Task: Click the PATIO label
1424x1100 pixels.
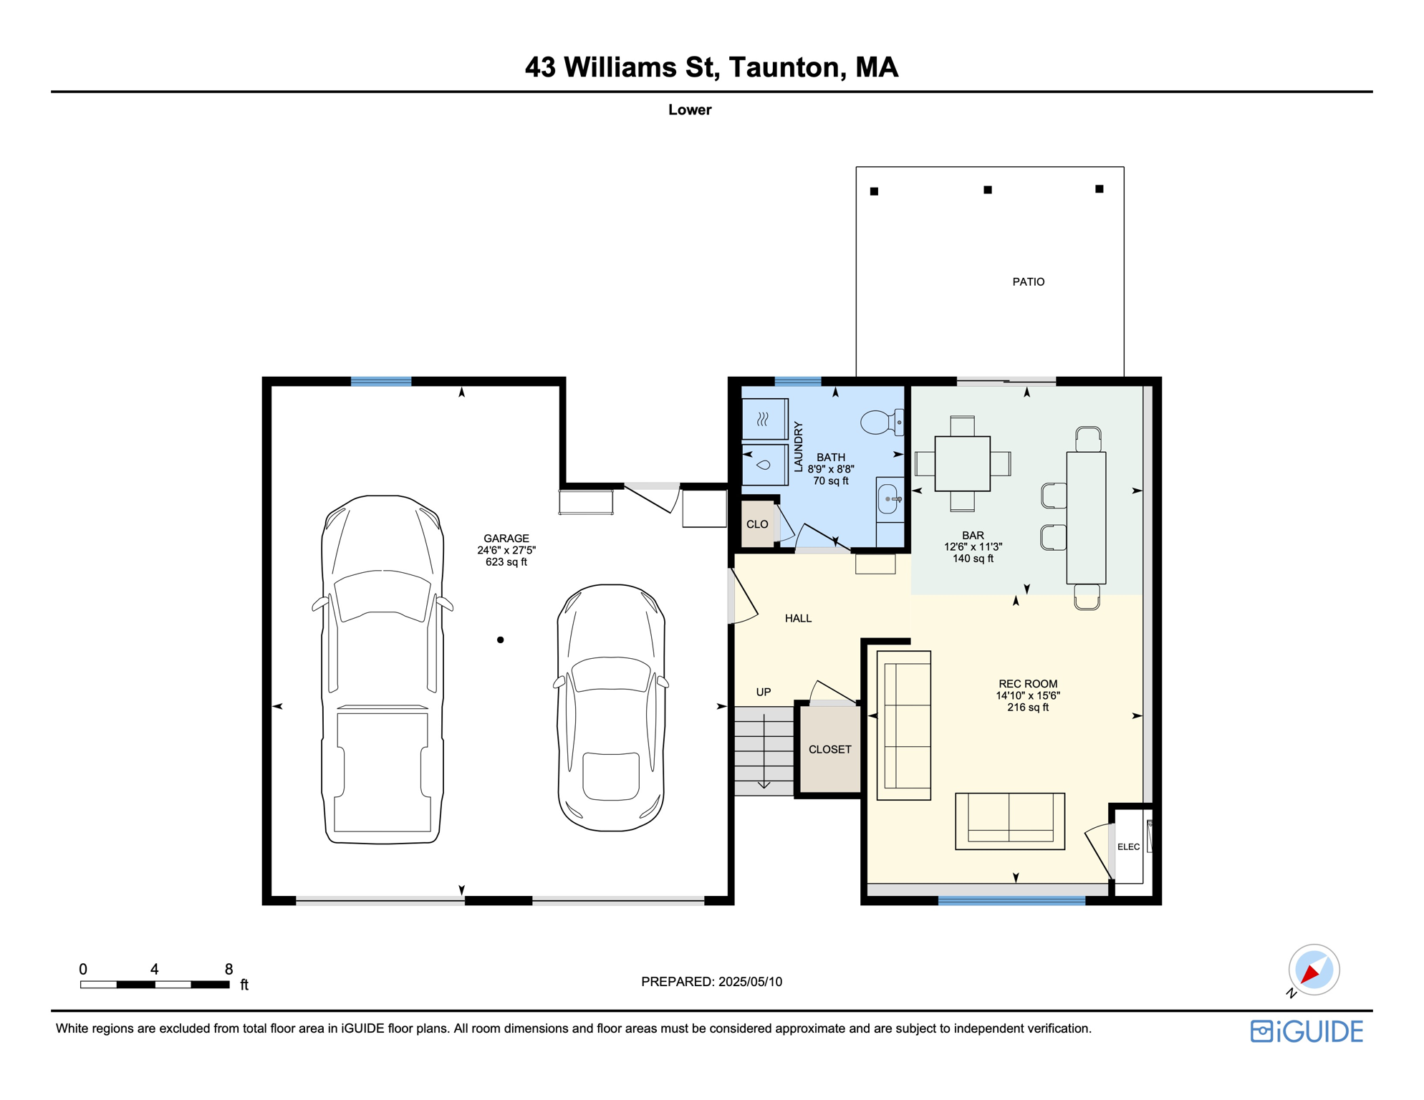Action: click(x=1028, y=282)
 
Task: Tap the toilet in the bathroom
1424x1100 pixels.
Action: click(x=880, y=422)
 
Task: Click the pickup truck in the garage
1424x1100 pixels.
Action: click(x=383, y=670)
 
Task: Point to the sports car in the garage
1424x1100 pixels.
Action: click(x=611, y=708)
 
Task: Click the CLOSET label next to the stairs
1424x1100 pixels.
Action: click(x=829, y=749)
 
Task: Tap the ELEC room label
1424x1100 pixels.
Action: click(x=1128, y=846)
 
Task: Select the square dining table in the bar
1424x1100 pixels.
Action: click(x=962, y=463)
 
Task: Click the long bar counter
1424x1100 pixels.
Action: click(x=1086, y=517)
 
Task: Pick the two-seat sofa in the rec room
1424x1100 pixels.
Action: click(x=1009, y=821)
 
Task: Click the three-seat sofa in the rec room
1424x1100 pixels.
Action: click(x=904, y=725)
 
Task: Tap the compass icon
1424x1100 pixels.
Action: click(x=1314, y=970)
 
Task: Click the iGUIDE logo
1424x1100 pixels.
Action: click(x=1307, y=1031)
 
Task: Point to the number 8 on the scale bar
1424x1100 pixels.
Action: click(x=228, y=969)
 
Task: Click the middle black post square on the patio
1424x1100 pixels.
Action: click(x=987, y=190)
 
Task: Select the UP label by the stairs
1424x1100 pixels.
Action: click(x=764, y=692)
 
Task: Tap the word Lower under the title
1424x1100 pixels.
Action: click(x=689, y=110)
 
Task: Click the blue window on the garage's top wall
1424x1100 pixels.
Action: click(x=381, y=382)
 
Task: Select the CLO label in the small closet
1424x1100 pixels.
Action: click(x=757, y=524)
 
